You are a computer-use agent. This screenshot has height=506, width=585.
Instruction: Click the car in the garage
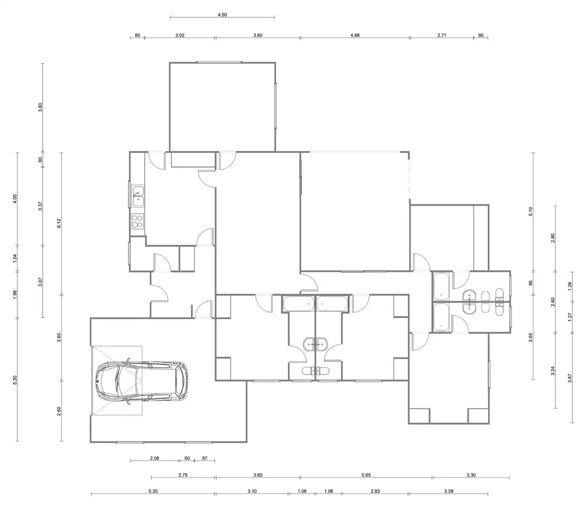tap(142, 381)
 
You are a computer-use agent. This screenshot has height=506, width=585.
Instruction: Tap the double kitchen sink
tap(138, 196)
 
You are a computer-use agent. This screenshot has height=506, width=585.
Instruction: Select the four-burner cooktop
tap(137, 221)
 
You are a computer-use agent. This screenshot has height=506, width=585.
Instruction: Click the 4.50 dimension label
tap(222, 15)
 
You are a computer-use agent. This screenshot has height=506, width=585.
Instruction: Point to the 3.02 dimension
tap(180, 35)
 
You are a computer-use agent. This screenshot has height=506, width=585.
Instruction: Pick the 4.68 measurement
tap(355, 35)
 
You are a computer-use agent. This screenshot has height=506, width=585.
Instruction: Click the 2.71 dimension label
tap(442, 35)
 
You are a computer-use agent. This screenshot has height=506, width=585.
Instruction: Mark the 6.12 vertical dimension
tap(59, 223)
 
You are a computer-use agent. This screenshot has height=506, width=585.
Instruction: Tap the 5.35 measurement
tap(153, 491)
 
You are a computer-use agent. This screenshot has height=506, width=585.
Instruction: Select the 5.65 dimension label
tap(366, 475)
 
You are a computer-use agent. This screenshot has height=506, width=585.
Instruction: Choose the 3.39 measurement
tap(449, 491)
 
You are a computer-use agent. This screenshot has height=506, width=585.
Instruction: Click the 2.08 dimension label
tap(154, 458)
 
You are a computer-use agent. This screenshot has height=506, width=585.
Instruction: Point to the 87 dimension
tap(204, 458)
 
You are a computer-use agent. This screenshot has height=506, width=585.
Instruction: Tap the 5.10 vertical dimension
tap(530, 212)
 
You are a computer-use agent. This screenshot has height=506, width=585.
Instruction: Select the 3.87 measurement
tap(570, 378)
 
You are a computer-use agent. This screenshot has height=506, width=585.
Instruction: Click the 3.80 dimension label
tap(40, 107)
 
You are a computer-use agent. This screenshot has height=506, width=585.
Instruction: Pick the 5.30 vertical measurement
tap(15, 380)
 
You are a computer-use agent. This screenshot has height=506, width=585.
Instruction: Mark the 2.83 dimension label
tap(375, 491)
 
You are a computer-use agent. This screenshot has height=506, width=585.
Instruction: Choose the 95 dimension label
tap(530, 283)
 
